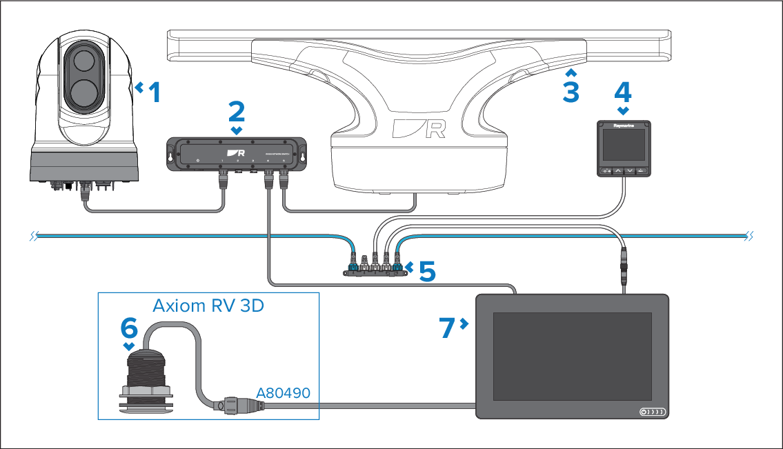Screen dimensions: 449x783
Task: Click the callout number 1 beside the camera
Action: (155, 92)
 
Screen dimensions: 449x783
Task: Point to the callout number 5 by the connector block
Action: (427, 271)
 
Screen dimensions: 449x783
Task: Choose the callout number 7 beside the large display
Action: (448, 328)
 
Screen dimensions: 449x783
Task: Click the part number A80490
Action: (283, 393)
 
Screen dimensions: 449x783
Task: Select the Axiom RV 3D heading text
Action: (208, 306)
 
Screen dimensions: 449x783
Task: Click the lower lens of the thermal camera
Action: (81, 92)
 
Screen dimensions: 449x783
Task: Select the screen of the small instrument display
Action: (623, 146)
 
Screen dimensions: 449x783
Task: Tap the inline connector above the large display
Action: (625, 269)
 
